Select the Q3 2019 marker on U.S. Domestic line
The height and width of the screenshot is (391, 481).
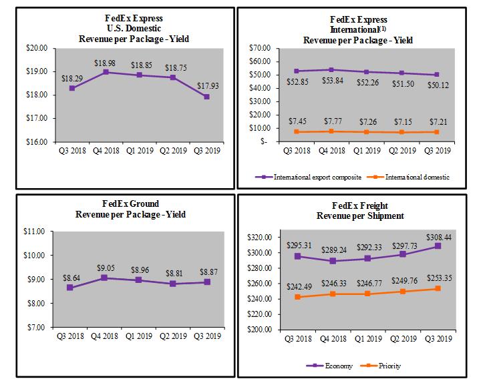pyautogui.click(x=207, y=97)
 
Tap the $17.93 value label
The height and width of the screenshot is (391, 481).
pyautogui.click(x=207, y=85)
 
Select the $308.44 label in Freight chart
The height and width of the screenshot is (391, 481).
pyautogui.click(x=437, y=237)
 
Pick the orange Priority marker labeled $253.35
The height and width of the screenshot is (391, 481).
pyautogui.click(x=437, y=289)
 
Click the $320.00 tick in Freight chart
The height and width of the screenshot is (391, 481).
pyautogui.click(x=259, y=238)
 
